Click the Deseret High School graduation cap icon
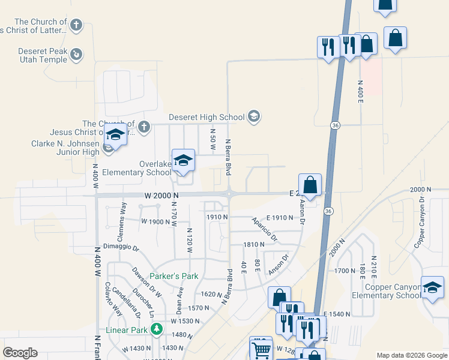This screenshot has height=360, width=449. pos(253,116)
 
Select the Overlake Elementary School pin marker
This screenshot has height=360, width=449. pos(183,161)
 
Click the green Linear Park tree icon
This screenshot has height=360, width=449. pos(157,329)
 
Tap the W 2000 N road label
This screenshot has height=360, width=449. pos(161,196)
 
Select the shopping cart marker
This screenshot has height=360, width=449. pos(261,349)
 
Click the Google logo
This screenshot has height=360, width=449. pos(20,353)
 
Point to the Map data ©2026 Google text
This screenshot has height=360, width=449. pos(411,355)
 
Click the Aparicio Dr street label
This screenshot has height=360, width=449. pos(265,229)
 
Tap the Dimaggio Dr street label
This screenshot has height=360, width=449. pos(121,248)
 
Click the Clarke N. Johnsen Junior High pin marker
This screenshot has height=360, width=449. pos(115,135)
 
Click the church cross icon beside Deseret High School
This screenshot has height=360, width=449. pos(143,127)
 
